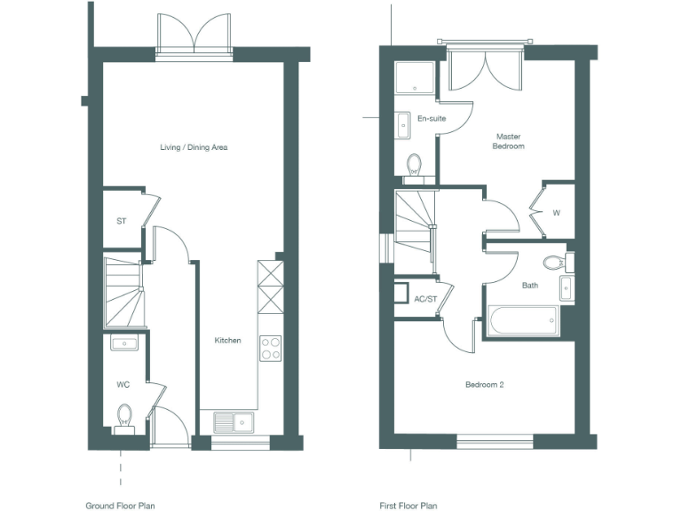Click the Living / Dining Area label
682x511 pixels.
click(194, 147)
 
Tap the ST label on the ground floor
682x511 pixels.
click(121, 221)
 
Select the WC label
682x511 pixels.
click(123, 385)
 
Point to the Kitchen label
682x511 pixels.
click(227, 341)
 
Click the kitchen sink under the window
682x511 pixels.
click(233, 421)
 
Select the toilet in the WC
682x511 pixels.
click(123, 415)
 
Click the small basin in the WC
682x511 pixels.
click(124, 343)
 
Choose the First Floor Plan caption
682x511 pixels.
click(408, 507)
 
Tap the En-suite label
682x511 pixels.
click(432, 118)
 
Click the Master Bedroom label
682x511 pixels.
click(509, 141)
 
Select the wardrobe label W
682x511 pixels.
click(557, 213)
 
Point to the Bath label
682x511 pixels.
click(530, 286)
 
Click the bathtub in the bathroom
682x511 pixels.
click(522, 319)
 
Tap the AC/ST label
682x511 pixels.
click(426, 299)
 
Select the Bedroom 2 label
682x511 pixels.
click(485, 385)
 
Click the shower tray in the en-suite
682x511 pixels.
click(415, 78)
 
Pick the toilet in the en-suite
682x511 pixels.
click(414, 164)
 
